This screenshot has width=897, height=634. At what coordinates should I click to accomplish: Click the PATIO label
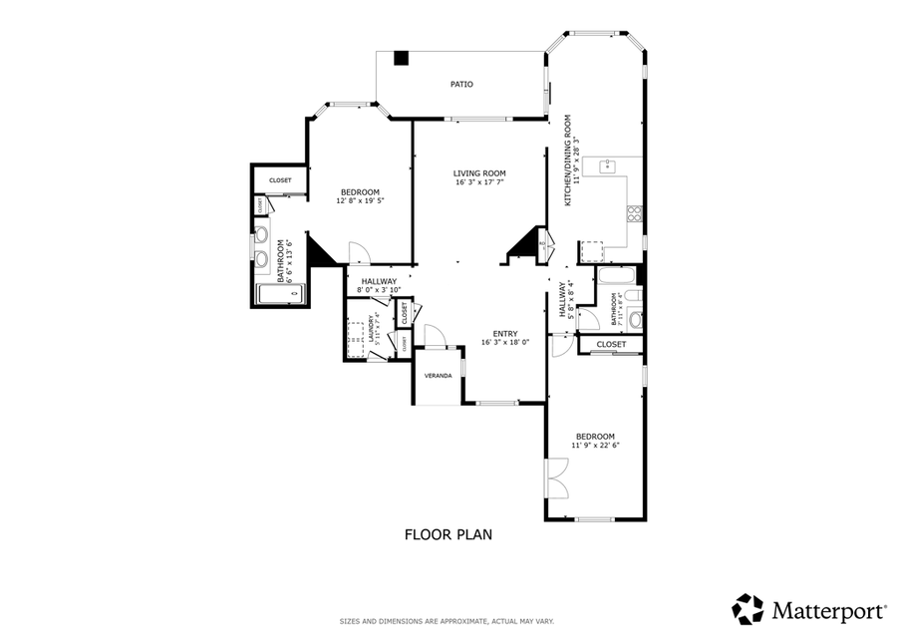pyautogui.click(x=460, y=84)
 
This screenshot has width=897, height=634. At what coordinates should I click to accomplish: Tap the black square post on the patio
pyautogui.click(x=401, y=58)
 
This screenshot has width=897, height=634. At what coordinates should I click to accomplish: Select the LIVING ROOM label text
pyautogui.click(x=479, y=172)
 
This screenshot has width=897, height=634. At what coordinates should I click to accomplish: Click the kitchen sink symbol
pyautogui.click(x=606, y=165)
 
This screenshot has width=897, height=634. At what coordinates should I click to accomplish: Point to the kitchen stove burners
pyautogui.click(x=634, y=213)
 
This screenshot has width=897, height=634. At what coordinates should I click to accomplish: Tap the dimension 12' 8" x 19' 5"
pyautogui.click(x=360, y=200)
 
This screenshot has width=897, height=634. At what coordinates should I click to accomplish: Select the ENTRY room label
pyautogui.click(x=504, y=334)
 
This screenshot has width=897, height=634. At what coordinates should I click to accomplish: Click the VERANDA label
pyautogui.click(x=439, y=376)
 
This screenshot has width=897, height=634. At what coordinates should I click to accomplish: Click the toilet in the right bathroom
pyautogui.click(x=635, y=319)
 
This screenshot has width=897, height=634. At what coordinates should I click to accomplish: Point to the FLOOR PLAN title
pyautogui.click(x=448, y=534)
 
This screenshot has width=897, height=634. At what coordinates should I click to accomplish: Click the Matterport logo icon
pyautogui.click(x=747, y=608)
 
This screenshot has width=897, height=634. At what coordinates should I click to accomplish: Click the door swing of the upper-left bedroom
pyautogui.click(x=357, y=252)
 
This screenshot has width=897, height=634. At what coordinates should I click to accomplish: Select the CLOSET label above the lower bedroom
pyautogui.click(x=611, y=344)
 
